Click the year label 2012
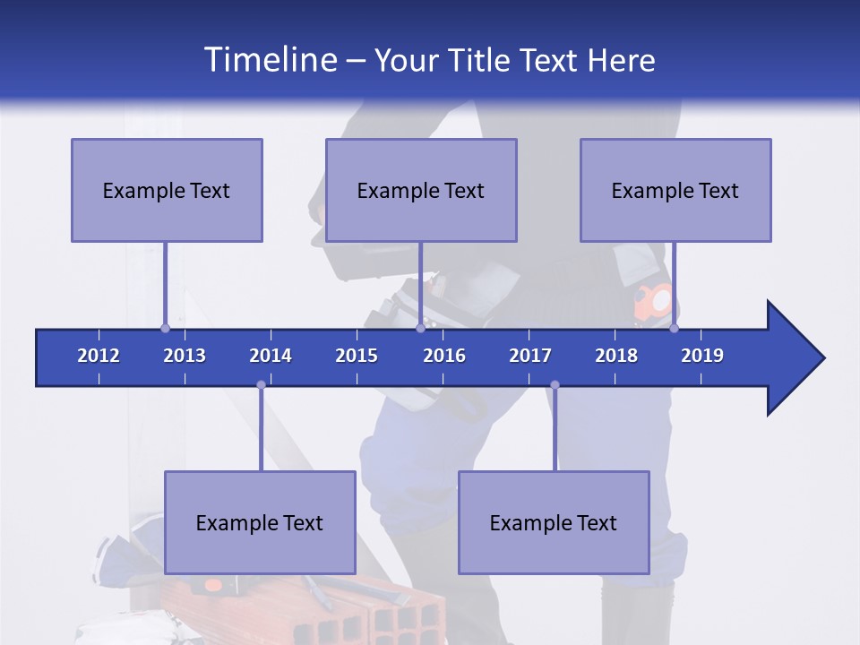click(x=99, y=356)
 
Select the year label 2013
click(x=185, y=356)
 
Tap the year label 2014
click(x=271, y=356)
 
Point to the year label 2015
click(x=357, y=356)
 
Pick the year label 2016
click(x=444, y=356)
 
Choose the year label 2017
click(x=530, y=356)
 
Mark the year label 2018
click(x=616, y=356)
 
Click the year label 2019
click(x=702, y=356)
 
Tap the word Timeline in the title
click(x=269, y=60)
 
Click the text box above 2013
click(x=167, y=190)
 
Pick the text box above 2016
click(x=421, y=190)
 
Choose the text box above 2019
click(x=675, y=190)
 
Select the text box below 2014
click(x=260, y=522)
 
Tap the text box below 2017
click(x=554, y=522)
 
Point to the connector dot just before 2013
click(x=166, y=328)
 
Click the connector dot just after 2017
click(x=555, y=385)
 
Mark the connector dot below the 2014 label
click(x=261, y=385)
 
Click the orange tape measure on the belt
click(x=654, y=301)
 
